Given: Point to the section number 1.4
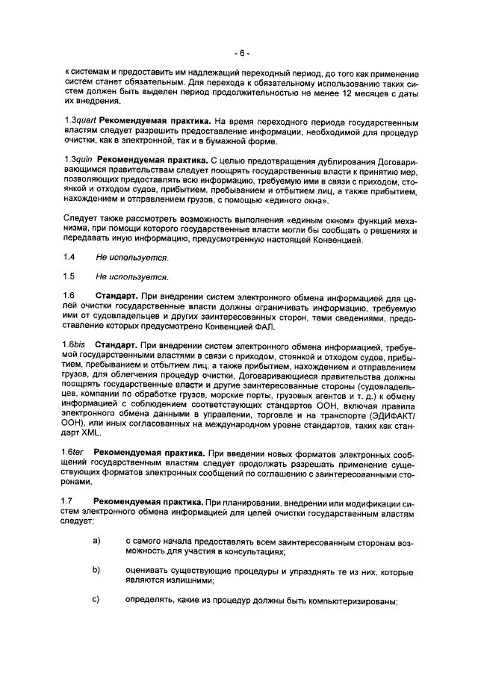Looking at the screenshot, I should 70,257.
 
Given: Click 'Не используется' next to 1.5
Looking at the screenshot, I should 131,276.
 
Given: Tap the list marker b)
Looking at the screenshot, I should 96,571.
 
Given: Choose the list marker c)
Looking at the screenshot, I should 96,600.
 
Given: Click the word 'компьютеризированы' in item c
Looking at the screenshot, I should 350,601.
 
